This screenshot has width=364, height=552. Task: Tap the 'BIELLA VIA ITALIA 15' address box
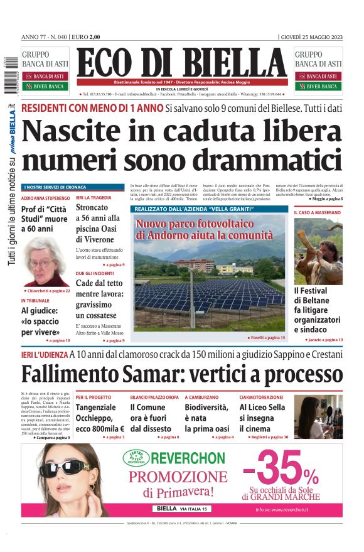point(182,509)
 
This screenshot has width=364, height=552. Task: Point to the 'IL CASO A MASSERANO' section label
point(318,213)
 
